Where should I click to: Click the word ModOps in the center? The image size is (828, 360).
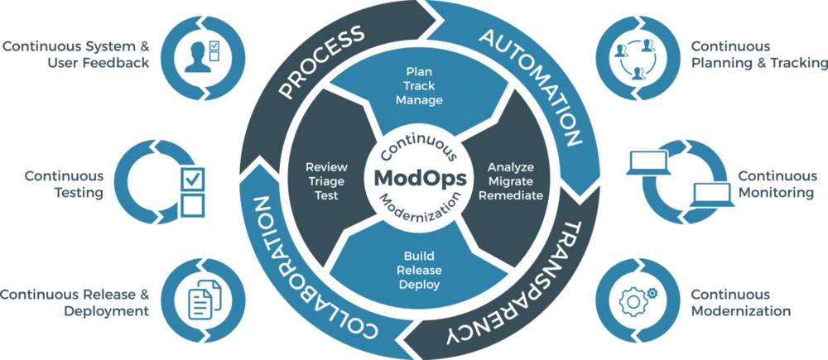421,179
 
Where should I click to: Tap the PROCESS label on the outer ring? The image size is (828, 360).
322,62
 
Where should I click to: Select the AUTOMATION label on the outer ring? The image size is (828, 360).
532,87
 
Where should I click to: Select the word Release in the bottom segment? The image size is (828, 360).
419,271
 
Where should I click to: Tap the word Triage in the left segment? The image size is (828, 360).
326,181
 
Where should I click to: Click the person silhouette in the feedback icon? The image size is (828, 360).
199,57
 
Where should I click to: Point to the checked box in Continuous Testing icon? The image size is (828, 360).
193,179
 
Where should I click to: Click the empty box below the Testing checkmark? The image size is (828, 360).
193,204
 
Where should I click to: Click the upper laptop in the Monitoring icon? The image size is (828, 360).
648,162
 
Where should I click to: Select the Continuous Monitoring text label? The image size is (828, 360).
776,185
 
